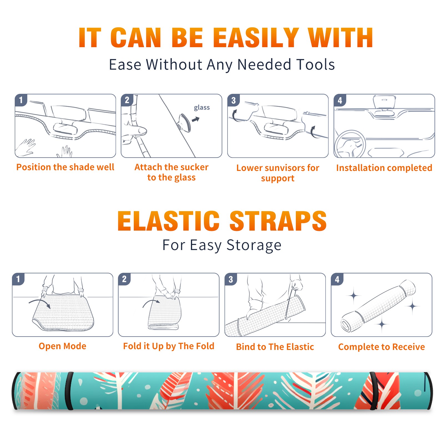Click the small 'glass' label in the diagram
tap(202, 108)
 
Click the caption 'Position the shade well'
tap(65, 167)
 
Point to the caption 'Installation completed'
tap(384, 168)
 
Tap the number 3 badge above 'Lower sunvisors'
tap(233, 100)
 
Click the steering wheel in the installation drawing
tap(350, 144)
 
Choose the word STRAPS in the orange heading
tap(278, 221)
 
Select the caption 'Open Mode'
tap(62, 346)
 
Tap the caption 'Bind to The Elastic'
tap(275, 347)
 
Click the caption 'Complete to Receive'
tap(382, 347)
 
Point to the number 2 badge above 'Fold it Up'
tap(124, 279)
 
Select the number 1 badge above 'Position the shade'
tap(21, 100)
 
